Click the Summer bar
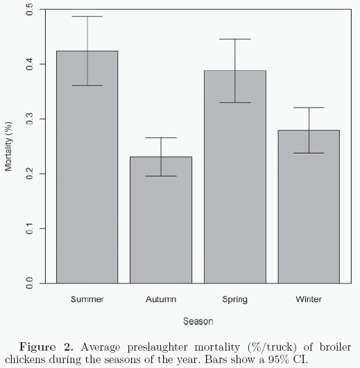87,167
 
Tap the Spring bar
235,176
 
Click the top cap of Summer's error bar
87,17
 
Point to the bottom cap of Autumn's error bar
161,176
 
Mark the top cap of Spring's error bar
235,40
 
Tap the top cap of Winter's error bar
309,108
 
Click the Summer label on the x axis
87,299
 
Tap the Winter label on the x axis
309,299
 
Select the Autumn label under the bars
161,299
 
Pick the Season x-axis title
198,321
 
